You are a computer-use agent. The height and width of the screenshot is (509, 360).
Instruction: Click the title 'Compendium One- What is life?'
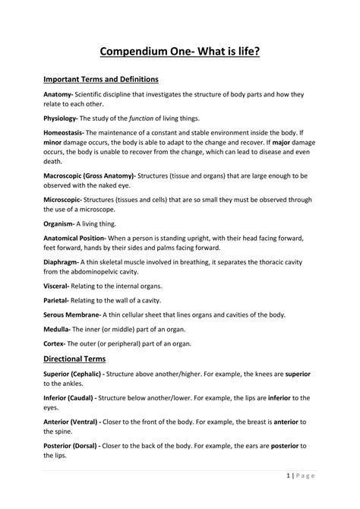(179, 51)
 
